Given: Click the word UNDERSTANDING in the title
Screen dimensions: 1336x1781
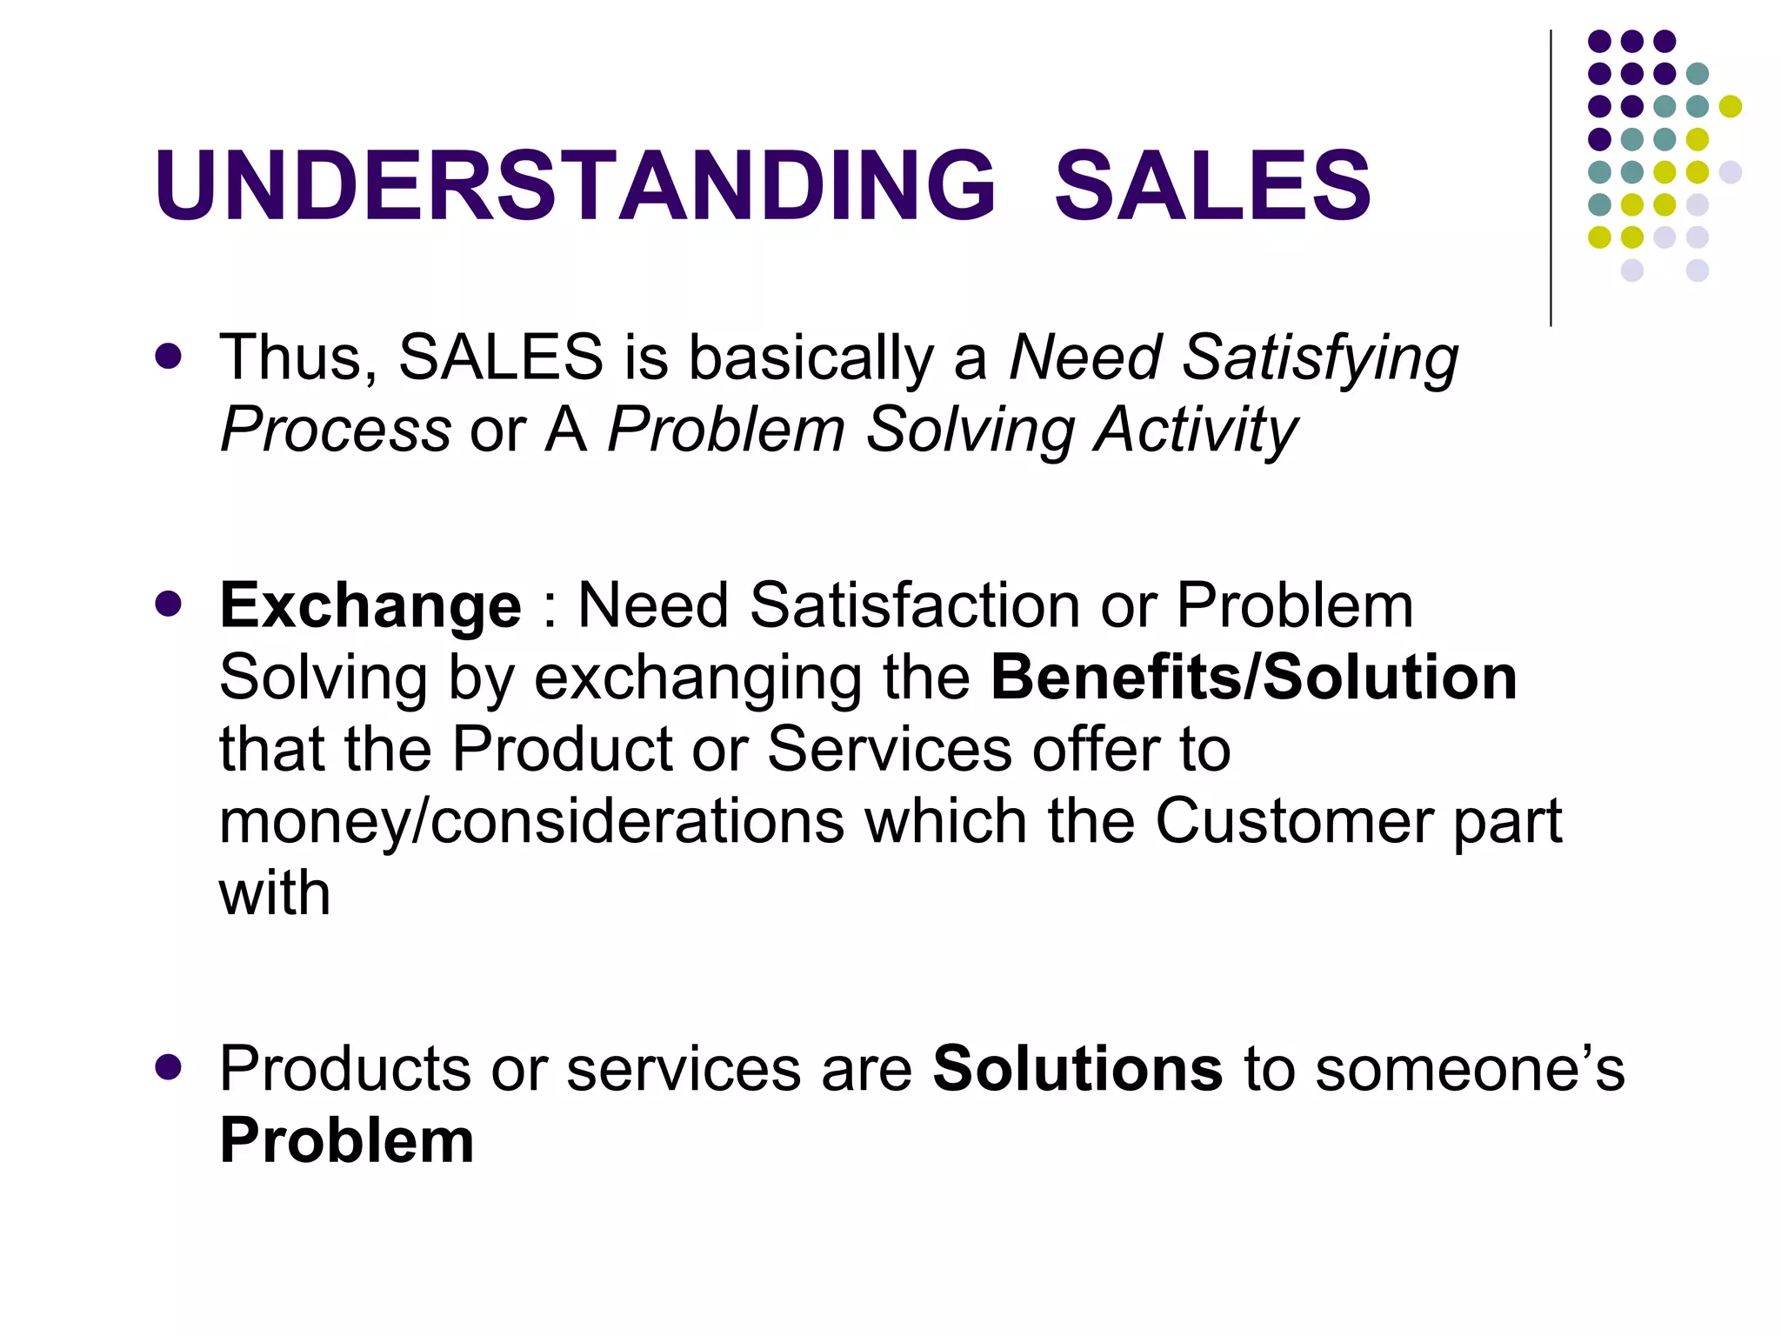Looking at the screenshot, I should click(x=574, y=185).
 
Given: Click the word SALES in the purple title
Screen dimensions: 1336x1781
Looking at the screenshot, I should click(x=1212, y=185).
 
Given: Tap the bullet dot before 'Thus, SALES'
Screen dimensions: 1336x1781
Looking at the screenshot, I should click(x=168, y=357).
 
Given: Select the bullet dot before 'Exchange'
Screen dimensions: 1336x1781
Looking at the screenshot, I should click(x=168, y=604).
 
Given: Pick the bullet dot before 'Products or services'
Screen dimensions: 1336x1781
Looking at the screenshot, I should click(x=168, y=1067).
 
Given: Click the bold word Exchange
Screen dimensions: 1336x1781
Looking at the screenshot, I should click(x=370, y=605).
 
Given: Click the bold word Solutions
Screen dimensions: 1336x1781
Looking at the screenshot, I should click(x=1077, y=1068).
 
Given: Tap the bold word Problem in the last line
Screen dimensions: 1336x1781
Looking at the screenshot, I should click(x=347, y=1140).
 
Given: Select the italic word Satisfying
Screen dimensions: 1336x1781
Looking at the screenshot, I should click(x=1320, y=358).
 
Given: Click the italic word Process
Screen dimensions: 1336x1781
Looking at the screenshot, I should click(x=336, y=430).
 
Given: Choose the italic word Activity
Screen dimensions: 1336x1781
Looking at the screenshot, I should click(x=1195, y=430).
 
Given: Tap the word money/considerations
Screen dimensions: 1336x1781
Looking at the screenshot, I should click(x=531, y=821).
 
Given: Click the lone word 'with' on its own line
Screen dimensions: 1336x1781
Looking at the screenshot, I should click(x=275, y=893).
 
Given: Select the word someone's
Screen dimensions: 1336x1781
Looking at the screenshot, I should click(x=1469, y=1068).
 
